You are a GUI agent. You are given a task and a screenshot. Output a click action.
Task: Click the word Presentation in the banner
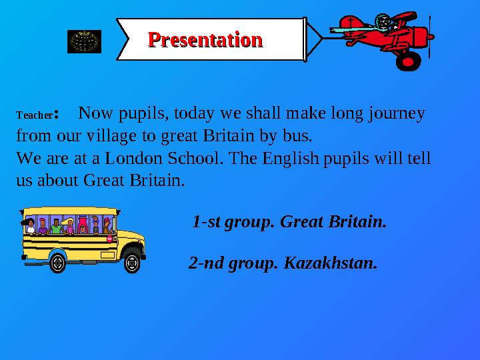click(x=205, y=39)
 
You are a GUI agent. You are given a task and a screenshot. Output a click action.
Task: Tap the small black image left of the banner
click(x=85, y=41)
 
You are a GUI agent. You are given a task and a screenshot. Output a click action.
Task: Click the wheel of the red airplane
click(x=407, y=59)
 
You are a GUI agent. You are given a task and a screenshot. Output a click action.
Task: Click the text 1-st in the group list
click(x=207, y=220)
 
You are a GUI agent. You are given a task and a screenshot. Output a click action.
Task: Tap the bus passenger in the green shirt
click(x=56, y=227)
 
